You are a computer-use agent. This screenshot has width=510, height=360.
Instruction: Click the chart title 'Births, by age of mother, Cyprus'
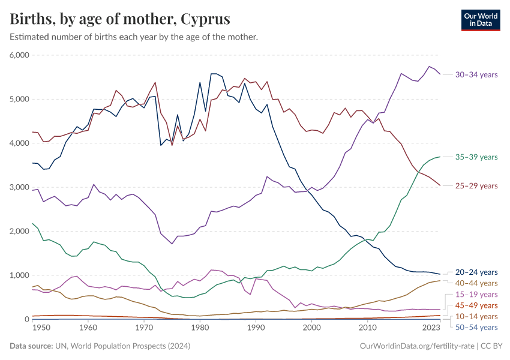pos(120,19)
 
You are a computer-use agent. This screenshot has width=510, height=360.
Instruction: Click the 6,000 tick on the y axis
pos(20,55)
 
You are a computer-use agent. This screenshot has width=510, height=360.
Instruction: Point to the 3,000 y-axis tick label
pos(20,187)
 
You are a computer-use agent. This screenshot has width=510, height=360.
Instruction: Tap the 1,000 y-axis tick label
pos(20,275)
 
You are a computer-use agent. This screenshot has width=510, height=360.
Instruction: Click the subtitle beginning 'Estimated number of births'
pos(134,37)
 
